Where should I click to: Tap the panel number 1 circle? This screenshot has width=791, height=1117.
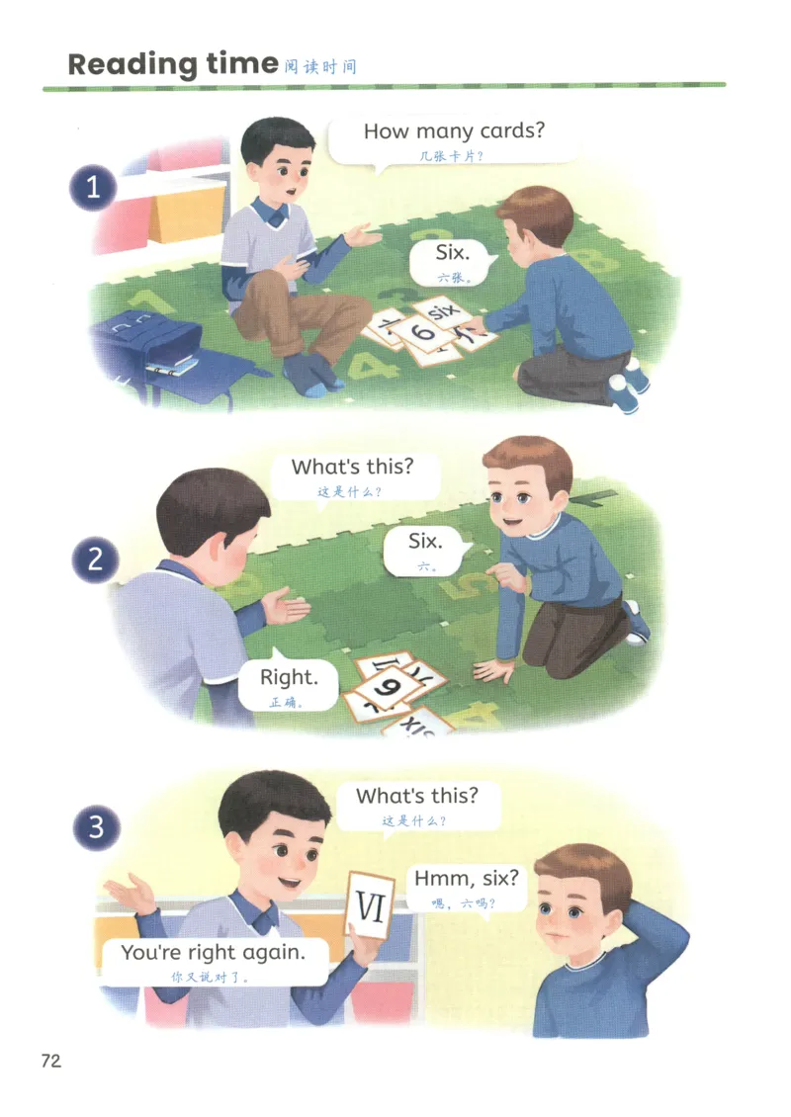(x=93, y=188)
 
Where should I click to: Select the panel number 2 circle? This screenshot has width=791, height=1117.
(x=95, y=559)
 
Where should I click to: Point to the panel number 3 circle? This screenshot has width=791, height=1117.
(x=96, y=827)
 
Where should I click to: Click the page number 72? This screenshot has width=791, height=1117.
(x=51, y=1061)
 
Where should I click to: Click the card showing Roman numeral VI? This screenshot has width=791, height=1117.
(x=371, y=905)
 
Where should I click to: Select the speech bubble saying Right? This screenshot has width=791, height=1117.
(x=288, y=685)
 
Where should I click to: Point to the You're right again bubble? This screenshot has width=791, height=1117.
(x=213, y=961)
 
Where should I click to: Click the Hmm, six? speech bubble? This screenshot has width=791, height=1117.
(x=467, y=888)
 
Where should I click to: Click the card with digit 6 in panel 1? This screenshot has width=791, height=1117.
(x=423, y=333)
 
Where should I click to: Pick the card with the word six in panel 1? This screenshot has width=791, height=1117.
(x=443, y=311)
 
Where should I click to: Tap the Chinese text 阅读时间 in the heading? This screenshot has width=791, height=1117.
(x=320, y=67)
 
